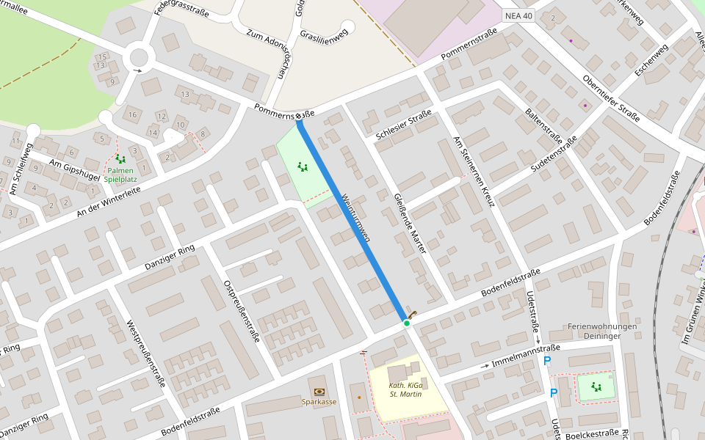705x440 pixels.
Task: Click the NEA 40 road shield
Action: [518, 15]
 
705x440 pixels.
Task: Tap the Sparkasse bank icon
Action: [319, 392]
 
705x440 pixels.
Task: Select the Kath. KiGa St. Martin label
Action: [405, 389]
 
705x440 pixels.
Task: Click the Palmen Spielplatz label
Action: [119, 175]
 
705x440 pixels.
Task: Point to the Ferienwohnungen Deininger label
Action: [601, 331]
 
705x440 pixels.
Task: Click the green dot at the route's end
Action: [406, 323]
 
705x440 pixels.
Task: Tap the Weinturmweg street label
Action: [355, 218]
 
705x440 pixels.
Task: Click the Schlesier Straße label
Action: [403, 127]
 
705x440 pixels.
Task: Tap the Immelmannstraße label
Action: [526, 355]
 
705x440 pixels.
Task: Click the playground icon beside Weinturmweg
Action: [302, 167]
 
